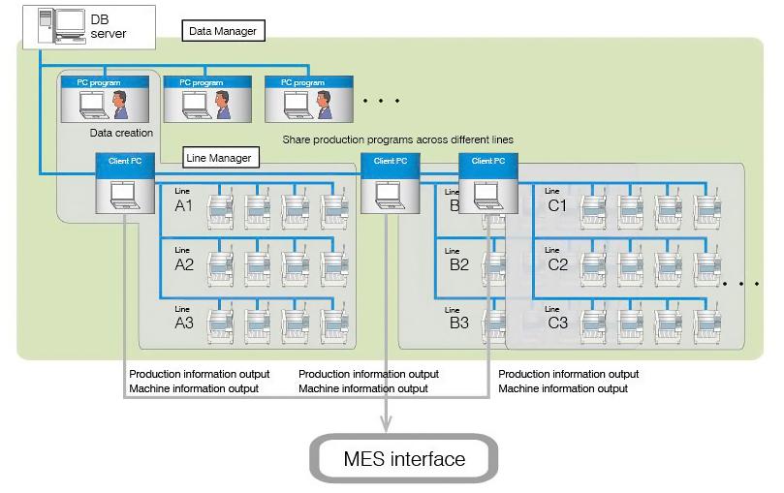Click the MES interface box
click(x=403, y=458)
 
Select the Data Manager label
click(x=223, y=31)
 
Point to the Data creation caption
click(x=121, y=133)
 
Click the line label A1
click(x=184, y=206)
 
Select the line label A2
click(x=184, y=264)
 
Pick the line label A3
click(x=184, y=323)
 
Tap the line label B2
click(x=458, y=264)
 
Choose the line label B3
click(x=458, y=323)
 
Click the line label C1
click(x=557, y=206)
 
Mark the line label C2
click(x=557, y=264)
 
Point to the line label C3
click(x=557, y=323)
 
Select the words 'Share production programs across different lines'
click(x=397, y=139)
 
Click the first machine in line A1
click(x=220, y=207)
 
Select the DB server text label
click(x=109, y=26)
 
